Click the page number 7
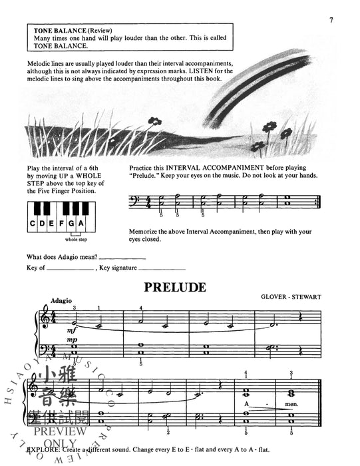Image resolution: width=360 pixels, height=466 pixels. click(331, 20)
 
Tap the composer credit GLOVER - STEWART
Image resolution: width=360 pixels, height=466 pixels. click(292, 295)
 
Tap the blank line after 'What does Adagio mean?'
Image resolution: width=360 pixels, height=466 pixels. click(122, 257)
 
